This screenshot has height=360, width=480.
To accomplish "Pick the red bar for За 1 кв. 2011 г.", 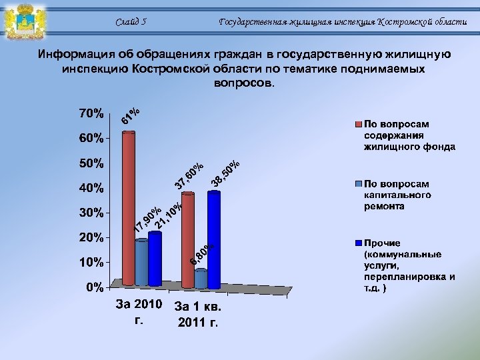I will (x=188, y=240).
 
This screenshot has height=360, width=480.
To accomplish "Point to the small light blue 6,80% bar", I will (x=201, y=279).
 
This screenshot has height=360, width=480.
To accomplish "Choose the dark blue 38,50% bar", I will (x=213, y=240).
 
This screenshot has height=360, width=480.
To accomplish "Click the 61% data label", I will (x=131, y=115).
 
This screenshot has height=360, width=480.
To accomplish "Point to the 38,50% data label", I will (x=225, y=174).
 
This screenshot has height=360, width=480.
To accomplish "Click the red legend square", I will (x=358, y=124).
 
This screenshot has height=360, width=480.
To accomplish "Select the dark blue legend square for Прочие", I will (x=358, y=242).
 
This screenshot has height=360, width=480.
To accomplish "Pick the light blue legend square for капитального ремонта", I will (x=358, y=183).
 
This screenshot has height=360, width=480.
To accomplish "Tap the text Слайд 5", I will (x=131, y=21).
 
